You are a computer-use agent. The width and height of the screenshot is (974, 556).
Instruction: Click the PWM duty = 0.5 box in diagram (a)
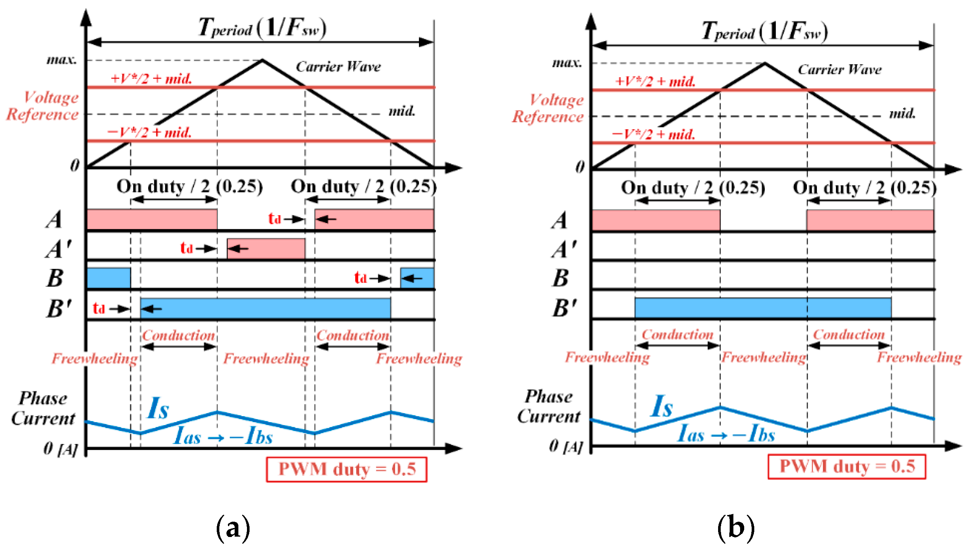[346, 469]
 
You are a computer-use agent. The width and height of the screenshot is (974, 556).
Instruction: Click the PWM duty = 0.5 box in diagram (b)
[846, 466]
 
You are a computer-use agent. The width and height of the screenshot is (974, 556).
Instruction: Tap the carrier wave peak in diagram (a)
[262, 60]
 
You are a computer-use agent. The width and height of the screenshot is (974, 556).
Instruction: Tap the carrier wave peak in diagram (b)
[764, 63]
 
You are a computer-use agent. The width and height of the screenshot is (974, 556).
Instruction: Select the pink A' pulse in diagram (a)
[266, 249]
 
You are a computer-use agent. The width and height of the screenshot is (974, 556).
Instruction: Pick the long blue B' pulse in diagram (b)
[763, 308]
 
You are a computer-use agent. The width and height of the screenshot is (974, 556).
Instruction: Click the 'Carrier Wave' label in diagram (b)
[839, 69]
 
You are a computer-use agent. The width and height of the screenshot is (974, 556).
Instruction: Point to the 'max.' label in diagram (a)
[62, 60]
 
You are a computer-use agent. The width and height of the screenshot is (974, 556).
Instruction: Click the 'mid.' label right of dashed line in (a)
[401, 111]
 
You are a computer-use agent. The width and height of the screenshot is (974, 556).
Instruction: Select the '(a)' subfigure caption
[233, 528]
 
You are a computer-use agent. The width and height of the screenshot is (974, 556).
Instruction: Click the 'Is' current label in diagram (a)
[158, 408]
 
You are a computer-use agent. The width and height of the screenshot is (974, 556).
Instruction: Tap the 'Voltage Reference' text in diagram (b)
[548, 108]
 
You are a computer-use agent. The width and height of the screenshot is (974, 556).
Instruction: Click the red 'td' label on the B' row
[99, 308]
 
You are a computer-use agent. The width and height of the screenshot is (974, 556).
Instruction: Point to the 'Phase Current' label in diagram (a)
[43, 408]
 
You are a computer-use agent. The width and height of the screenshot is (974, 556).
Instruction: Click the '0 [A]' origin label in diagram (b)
[565, 446]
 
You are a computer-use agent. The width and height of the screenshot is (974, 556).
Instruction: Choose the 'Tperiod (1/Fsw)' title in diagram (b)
[764, 31]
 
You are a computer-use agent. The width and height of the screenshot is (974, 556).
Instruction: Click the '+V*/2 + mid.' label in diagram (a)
[151, 79]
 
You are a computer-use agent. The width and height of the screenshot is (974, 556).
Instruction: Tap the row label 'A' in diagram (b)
[560, 221]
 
